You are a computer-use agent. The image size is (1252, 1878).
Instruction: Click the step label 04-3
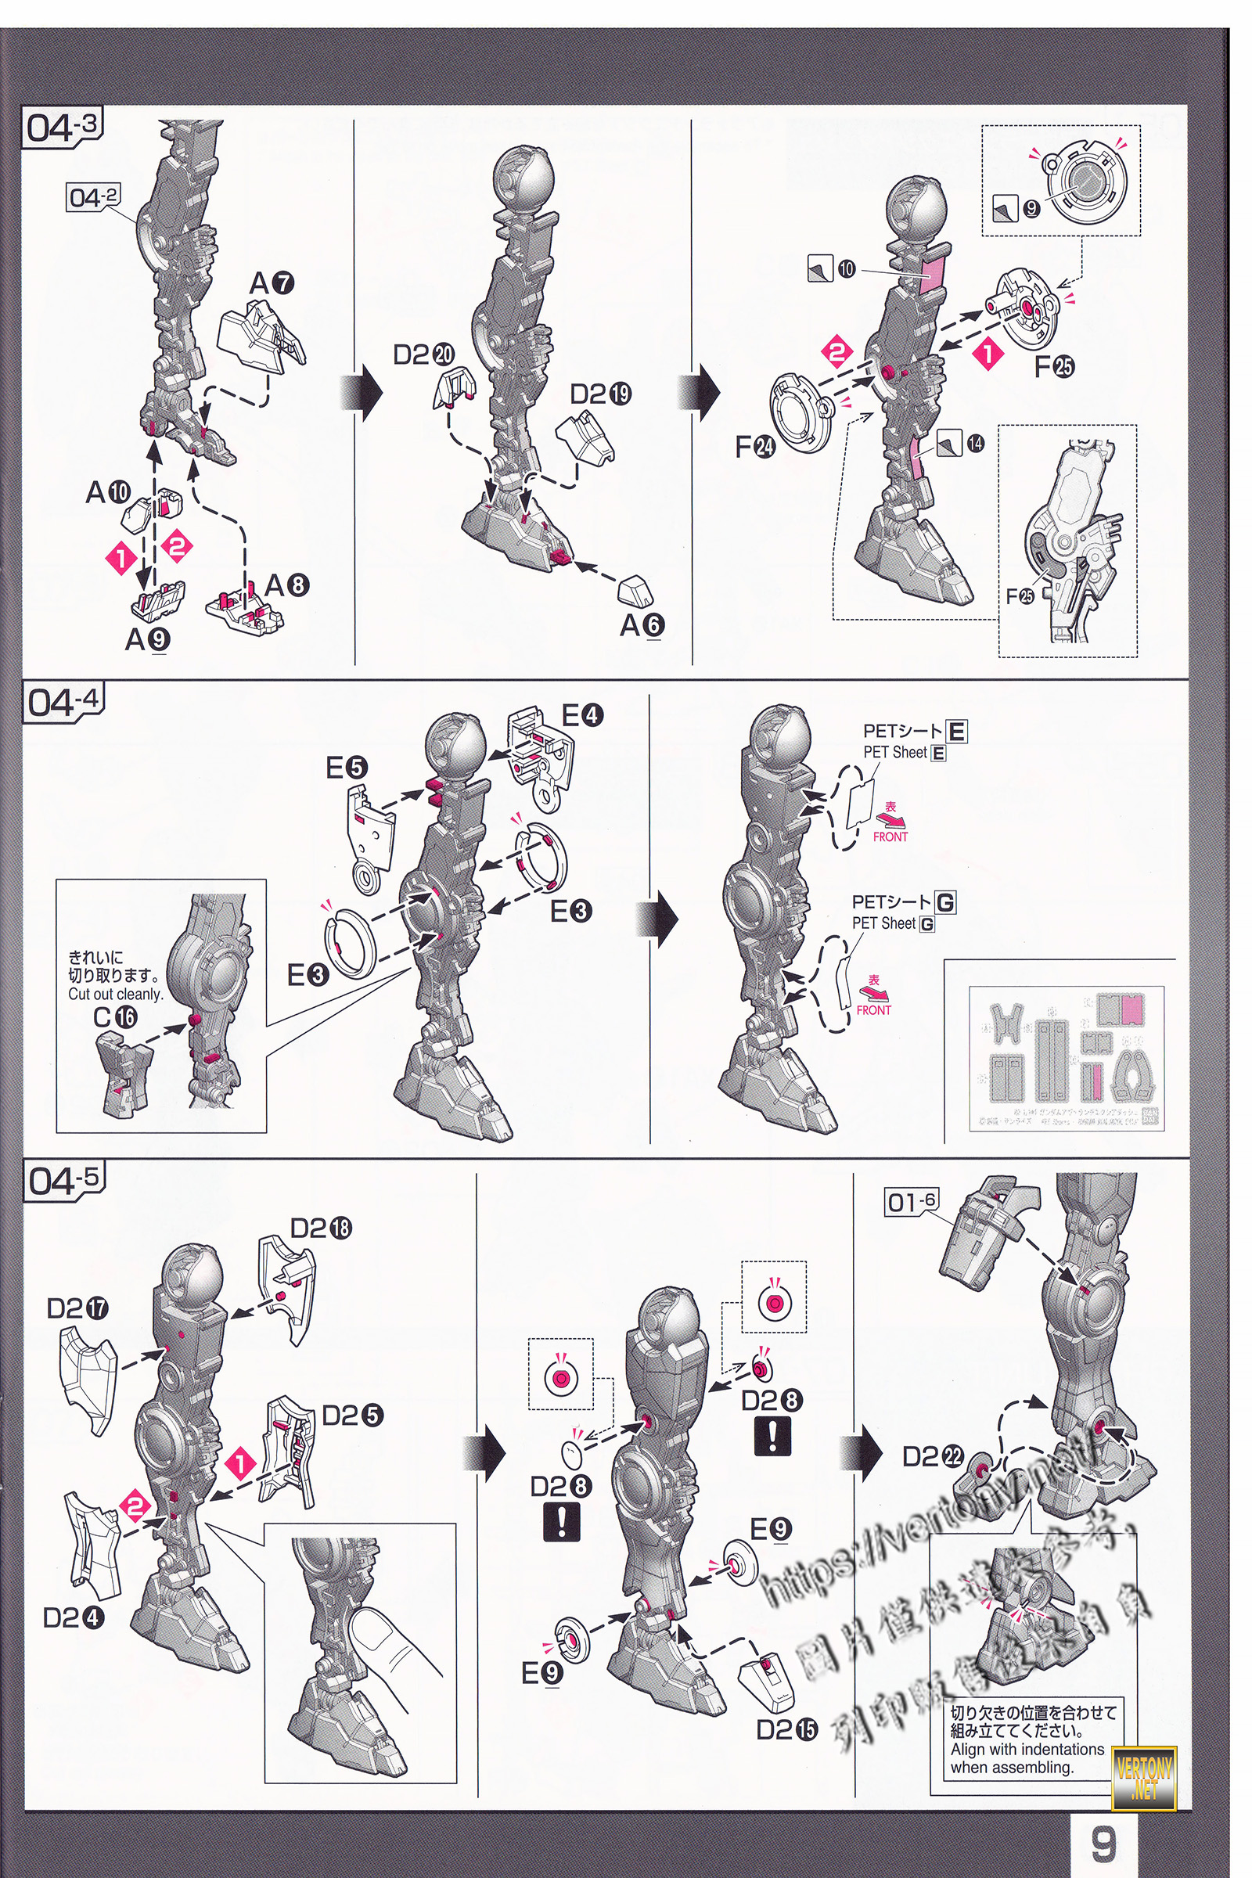pyautogui.click(x=62, y=127)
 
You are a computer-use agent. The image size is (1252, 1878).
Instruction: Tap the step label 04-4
pyautogui.click(x=63, y=701)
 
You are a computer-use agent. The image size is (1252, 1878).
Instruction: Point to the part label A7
pyautogui.click(x=272, y=283)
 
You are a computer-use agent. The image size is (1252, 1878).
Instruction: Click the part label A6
pyautogui.click(x=642, y=625)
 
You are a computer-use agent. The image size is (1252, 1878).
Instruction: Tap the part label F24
pyautogui.click(x=754, y=446)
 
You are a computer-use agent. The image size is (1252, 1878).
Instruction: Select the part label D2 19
pyautogui.click(x=600, y=394)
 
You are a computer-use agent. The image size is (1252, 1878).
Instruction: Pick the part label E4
pyautogui.click(x=582, y=715)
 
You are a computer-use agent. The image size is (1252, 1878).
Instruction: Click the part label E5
pyautogui.click(x=347, y=768)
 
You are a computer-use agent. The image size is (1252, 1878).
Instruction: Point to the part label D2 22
pyautogui.click(x=933, y=1457)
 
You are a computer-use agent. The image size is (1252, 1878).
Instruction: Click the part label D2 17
pyautogui.click(x=77, y=1308)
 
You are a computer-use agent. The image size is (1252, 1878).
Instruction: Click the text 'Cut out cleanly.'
pyautogui.click(x=115, y=994)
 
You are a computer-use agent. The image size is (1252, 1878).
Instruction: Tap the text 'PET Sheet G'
pyautogui.click(x=893, y=923)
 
